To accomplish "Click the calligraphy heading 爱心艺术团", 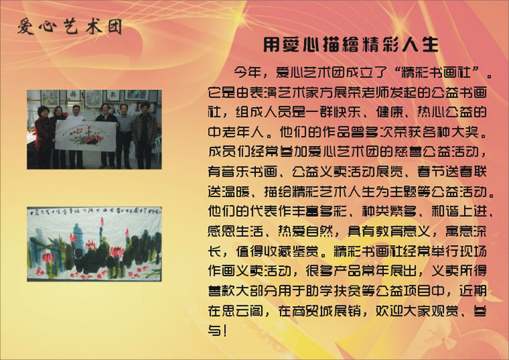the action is (70, 26).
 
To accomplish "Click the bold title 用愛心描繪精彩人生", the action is (350, 45).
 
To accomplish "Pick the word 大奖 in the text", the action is (473, 132).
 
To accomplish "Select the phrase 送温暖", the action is (229, 191).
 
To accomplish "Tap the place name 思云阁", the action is (243, 311).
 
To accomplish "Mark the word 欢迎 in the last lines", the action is (390, 311).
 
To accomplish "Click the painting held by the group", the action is (86, 135).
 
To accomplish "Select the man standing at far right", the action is (145, 135).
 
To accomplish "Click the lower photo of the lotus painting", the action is (94, 244).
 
